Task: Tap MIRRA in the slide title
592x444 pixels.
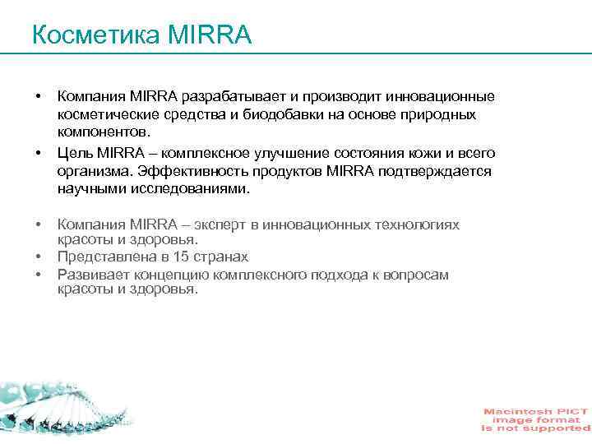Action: pyautogui.click(x=209, y=35)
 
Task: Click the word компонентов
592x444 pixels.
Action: pyautogui.click(x=104, y=132)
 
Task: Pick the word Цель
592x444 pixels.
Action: pyautogui.click(x=75, y=153)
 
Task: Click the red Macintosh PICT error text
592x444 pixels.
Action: pyautogui.click(x=535, y=420)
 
